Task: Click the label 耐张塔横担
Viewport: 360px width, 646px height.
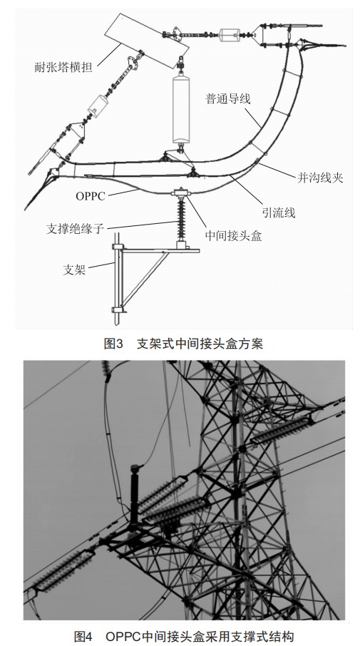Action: point(63,67)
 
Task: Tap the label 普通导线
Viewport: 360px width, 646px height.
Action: point(228,99)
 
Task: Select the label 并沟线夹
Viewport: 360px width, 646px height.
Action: point(320,178)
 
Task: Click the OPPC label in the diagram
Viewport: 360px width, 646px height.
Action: point(91,196)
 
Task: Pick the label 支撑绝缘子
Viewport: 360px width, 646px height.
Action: point(75,229)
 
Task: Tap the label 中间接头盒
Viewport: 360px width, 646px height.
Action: point(234,236)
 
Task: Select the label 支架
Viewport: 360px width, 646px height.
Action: point(75,270)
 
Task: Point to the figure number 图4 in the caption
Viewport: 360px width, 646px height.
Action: point(83,637)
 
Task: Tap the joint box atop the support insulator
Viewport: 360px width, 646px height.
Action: point(180,193)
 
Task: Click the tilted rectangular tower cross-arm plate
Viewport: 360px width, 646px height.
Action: point(147,41)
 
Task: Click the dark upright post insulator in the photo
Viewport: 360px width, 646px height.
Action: point(134,496)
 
